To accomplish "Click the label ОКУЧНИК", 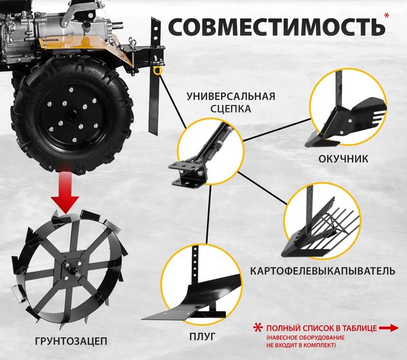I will [x=344, y=160].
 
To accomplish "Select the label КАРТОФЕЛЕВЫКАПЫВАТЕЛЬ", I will [x=322, y=271].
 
